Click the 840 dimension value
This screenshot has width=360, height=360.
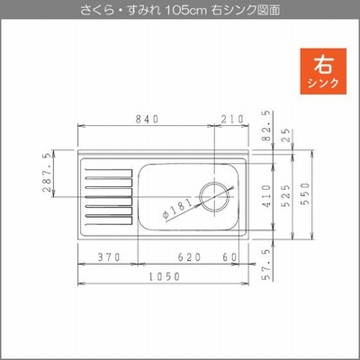(x=147, y=120)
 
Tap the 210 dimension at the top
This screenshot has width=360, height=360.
(x=232, y=120)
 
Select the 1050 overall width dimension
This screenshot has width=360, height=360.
(x=165, y=276)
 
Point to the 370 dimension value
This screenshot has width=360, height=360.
(x=109, y=257)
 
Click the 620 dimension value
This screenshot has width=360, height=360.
(x=189, y=257)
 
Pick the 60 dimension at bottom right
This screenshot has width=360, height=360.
(x=230, y=257)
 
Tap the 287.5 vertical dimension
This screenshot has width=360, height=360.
(x=47, y=173)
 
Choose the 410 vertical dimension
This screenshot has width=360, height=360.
(x=266, y=196)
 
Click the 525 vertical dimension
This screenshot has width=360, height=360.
(x=286, y=195)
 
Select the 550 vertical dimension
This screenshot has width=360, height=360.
(x=305, y=193)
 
